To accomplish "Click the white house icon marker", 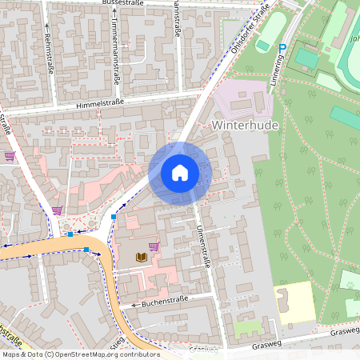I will coord(180,173).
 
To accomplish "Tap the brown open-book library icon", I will coord(142,257).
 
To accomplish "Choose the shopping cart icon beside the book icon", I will coord(154,246).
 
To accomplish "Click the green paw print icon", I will coord(349,281).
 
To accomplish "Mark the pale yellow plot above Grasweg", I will coord(296,302).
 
